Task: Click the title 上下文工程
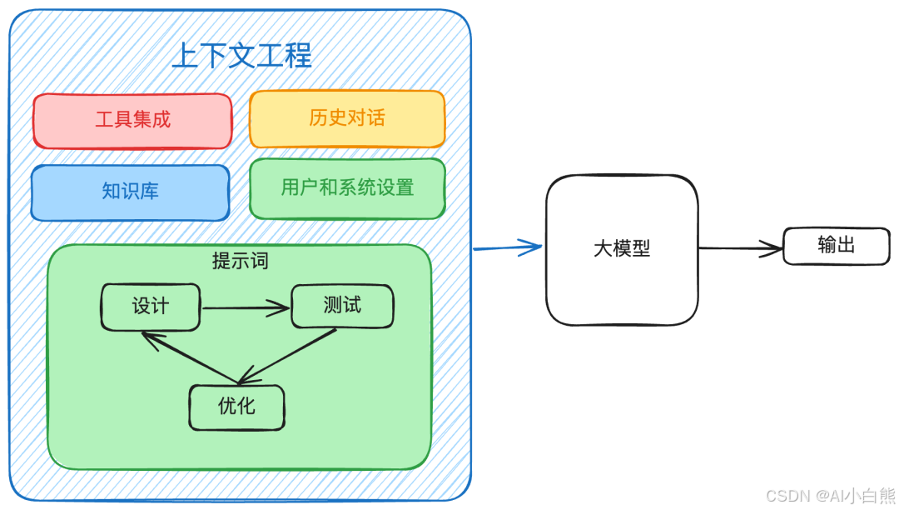pyautogui.click(x=241, y=56)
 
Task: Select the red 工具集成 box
pyautogui.click(x=132, y=120)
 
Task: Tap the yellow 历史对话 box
pyautogui.click(x=347, y=118)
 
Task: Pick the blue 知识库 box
pyautogui.click(x=130, y=192)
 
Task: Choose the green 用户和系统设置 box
pyautogui.click(x=347, y=188)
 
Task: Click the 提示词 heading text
pyautogui.click(x=240, y=261)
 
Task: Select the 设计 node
pyautogui.click(x=151, y=307)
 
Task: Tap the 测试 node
pyautogui.click(x=342, y=306)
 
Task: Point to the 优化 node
pyautogui.click(x=236, y=407)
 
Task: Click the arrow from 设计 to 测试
pyautogui.click(x=246, y=308)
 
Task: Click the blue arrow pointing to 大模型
pyautogui.click(x=508, y=247)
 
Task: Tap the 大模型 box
pyautogui.click(x=622, y=249)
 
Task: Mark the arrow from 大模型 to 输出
pyautogui.click(x=739, y=247)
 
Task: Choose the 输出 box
pyautogui.click(x=836, y=246)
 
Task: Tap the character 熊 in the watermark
pyautogui.click(x=885, y=497)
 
